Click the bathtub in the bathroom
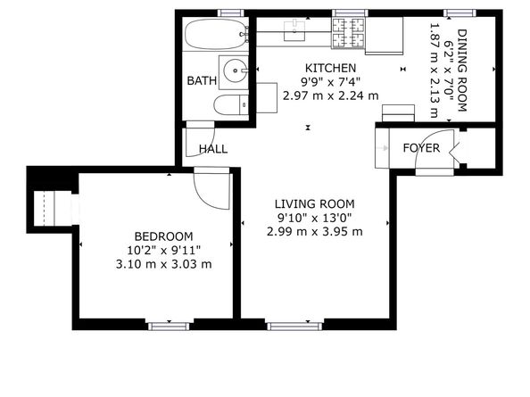pyautogui.click(x=214, y=36)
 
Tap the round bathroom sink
pyautogui.click(x=235, y=69)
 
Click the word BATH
pyautogui.click(x=202, y=81)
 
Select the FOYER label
pyautogui.click(x=420, y=147)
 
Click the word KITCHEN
pyautogui.click(x=330, y=68)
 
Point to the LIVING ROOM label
pyautogui.click(x=314, y=203)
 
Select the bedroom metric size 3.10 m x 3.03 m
pyautogui.click(x=163, y=264)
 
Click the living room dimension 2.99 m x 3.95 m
pyautogui.click(x=314, y=231)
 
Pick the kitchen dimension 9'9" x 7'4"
pyautogui.click(x=330, y=81)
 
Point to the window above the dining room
pyautogui.click(x=459, y=12)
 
